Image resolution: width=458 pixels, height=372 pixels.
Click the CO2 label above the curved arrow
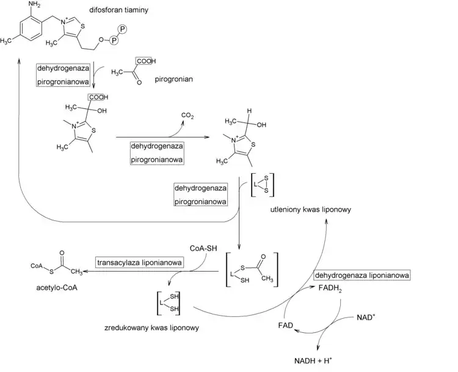pos(188,114)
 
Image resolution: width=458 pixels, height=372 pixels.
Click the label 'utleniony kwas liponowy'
pos(311,209)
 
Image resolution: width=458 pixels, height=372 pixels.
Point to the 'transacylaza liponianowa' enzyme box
pos(140,262)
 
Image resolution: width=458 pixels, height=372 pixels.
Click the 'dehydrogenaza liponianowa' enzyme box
pos(362,275)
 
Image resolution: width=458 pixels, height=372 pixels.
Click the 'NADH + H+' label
pos(318,360)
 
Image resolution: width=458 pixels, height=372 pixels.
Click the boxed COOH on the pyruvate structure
pos(147,61)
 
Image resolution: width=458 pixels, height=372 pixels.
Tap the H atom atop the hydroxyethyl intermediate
pos(250,111)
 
